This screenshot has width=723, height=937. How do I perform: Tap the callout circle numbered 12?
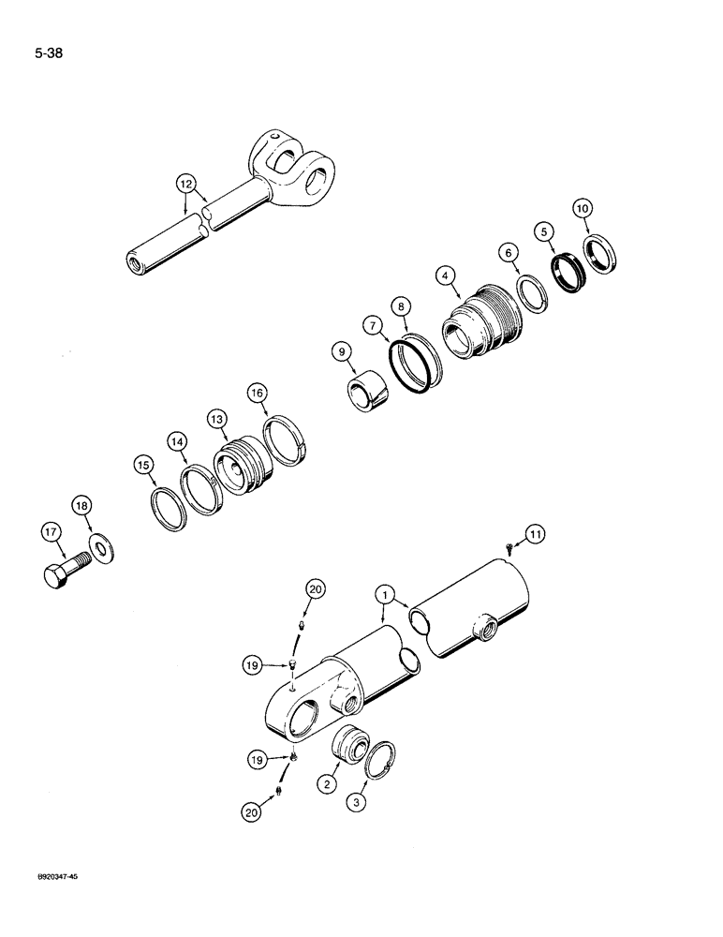[x=186, y=184]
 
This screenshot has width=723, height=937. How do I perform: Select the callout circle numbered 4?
[x=447, y=275]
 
